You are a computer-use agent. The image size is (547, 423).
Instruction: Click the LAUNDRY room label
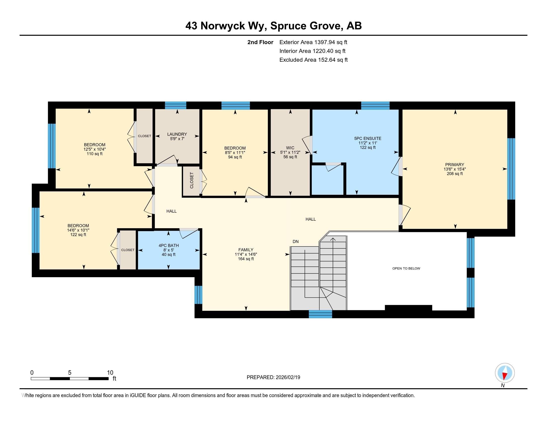coord(177,134)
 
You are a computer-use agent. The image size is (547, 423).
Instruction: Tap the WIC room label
coord(290,148)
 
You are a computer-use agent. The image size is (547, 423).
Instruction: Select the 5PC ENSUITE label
coord(368,138)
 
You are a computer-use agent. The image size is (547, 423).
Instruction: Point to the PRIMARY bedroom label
coord(455,165)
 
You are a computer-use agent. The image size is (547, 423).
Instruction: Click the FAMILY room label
coord(246,250)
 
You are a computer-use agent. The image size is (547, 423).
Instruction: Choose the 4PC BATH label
coord(169,246)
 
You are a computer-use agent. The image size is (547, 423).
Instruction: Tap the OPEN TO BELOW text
coord(406,268)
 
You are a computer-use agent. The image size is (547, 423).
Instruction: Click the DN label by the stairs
coord(296,242)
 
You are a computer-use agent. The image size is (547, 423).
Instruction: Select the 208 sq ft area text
coord(455,174)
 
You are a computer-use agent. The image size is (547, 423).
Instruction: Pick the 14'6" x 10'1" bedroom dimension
coord(78,230)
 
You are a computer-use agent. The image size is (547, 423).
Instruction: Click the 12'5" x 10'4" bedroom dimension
coord(94,149)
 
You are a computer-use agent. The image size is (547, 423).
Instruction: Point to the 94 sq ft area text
coord(235,157)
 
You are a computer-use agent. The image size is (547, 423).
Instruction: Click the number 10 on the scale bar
coord(110,373)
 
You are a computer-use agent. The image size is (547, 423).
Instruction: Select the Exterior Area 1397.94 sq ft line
coord(313,42)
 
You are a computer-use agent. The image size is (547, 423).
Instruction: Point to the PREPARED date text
coord(273,377)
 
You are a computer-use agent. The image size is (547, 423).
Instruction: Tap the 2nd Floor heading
coord(260,42)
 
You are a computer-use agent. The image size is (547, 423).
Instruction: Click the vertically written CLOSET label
coord(192,180)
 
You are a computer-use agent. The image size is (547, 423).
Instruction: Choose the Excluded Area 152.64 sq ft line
coord(314,60)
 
